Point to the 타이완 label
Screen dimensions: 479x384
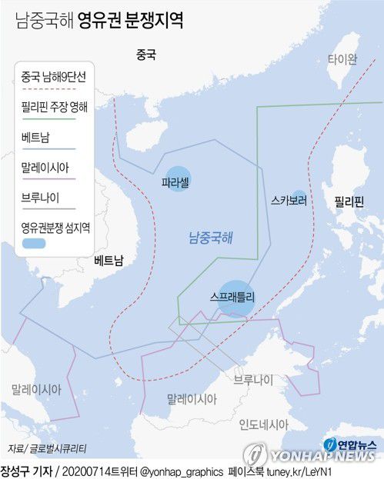342,59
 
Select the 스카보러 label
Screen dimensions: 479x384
289,201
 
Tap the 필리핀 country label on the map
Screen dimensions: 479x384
348,202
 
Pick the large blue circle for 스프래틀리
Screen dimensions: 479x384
235,295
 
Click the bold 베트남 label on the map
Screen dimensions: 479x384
109,261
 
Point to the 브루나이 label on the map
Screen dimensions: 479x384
254,380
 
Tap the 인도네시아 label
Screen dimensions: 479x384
263,424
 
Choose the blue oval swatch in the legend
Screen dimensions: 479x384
34,243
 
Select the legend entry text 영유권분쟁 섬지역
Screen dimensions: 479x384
56,227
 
